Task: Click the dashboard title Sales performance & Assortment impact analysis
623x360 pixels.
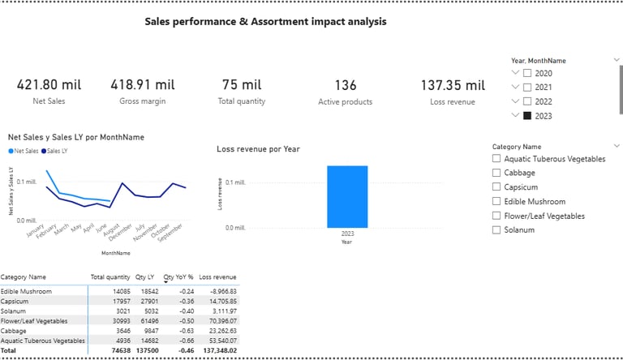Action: (x=265, y=22)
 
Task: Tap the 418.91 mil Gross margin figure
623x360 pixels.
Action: (x=144, y=84)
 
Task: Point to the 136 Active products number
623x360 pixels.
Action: (x=345, y=84)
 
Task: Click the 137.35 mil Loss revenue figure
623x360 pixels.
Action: (x=452, y=84)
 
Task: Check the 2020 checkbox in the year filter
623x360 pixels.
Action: (x=527, y=73)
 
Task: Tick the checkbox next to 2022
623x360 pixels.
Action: (x=527, y=101)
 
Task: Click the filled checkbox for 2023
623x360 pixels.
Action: (x=527, y=116)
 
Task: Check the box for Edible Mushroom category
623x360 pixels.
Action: (x=496, y=201)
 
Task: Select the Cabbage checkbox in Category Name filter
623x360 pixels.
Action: (x=496, y=173)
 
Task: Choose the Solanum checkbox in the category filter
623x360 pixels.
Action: (x=496, y=229)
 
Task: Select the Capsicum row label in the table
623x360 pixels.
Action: (x=17, y=301)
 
